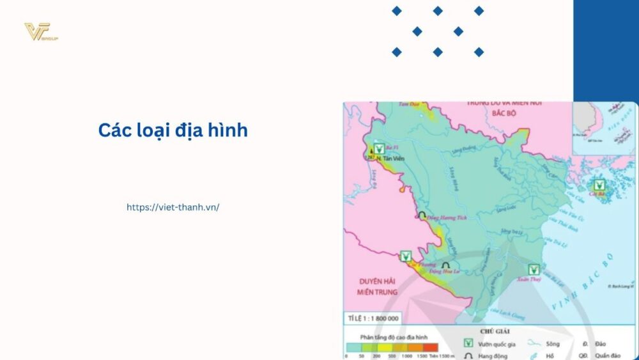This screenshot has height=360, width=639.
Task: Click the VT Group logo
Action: point(41,32)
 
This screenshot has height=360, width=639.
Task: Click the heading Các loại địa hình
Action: point(173,130)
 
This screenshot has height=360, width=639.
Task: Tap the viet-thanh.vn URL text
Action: point(173,207)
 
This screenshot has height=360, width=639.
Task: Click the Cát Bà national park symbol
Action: point(599,184)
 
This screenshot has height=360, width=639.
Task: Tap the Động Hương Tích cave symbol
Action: point(422,216)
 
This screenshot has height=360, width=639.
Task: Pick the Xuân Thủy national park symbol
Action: point(534,270)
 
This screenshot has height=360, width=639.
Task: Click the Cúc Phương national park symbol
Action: point(405,256)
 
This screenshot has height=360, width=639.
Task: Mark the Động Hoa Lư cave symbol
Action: point(446,264)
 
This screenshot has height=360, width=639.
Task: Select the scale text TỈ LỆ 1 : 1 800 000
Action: point(373,318)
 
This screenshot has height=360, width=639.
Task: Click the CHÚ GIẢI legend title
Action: point(494,331)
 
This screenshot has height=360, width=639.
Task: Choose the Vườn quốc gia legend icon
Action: point(468,343)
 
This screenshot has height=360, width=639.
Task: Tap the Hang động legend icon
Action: point(468,355)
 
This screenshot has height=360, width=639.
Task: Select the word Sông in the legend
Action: point(553,344)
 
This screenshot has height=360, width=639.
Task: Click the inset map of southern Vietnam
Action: point(604,128)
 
